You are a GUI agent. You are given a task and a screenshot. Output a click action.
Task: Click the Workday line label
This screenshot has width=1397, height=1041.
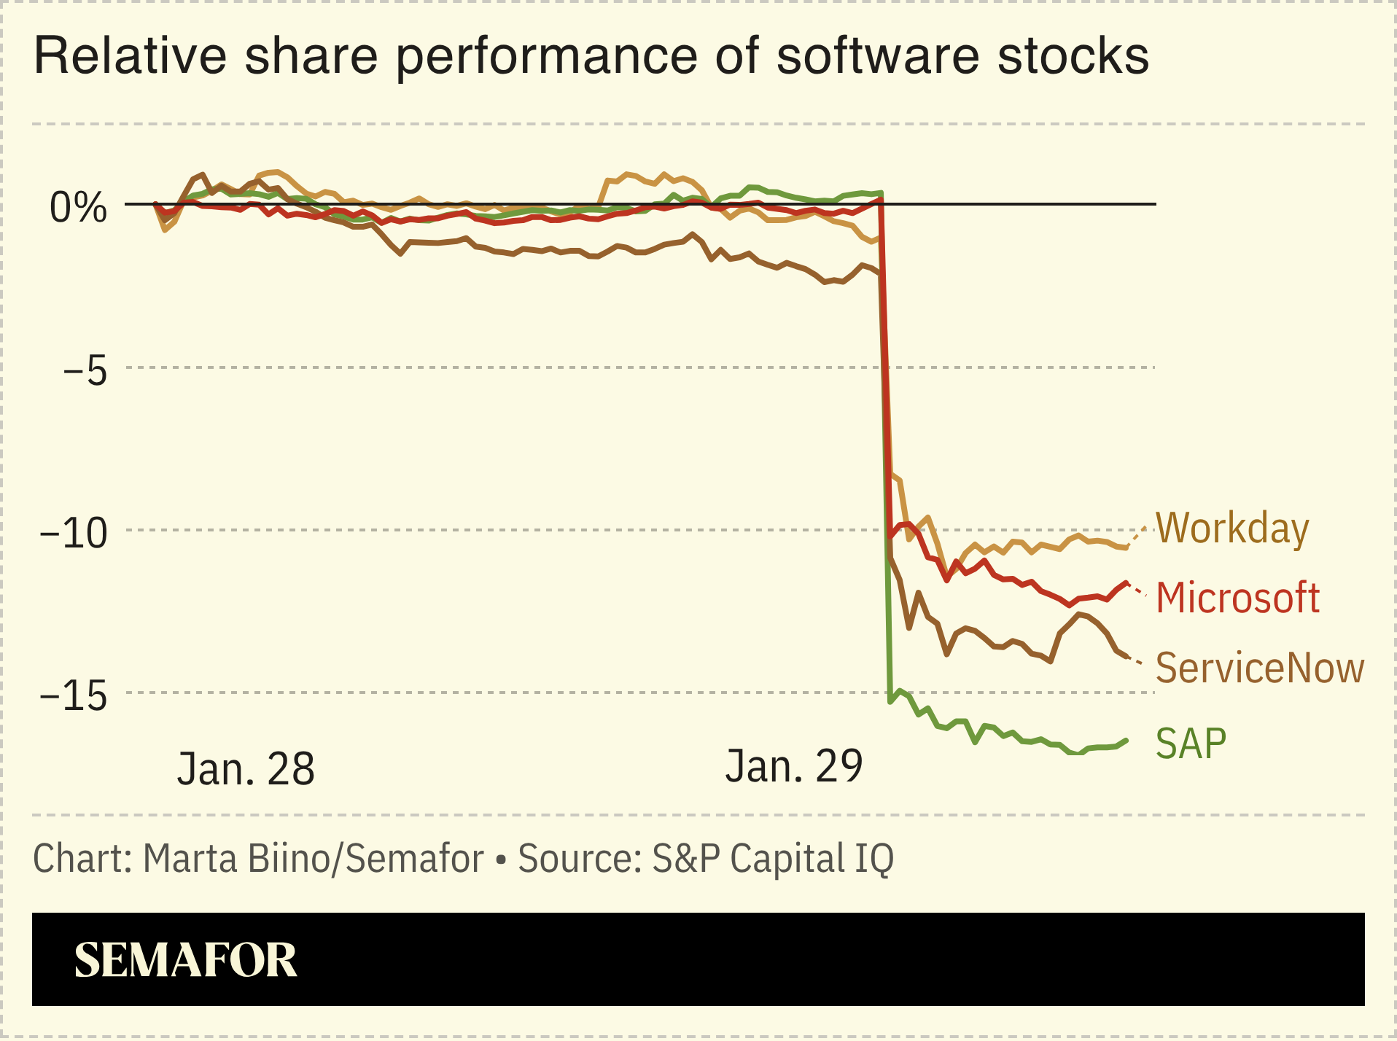(1232, 529)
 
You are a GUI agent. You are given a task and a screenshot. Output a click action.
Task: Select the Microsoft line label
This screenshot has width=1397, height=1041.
(1237, 598)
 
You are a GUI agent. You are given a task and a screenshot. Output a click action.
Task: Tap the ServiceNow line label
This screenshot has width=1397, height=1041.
(1259, 668)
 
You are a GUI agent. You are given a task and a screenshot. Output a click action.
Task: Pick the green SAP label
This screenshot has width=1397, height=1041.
(1191, 744)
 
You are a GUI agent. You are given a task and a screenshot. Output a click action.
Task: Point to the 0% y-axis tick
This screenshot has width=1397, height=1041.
(78, 208)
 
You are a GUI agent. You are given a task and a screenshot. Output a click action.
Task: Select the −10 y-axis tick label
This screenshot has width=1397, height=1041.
(73, 533)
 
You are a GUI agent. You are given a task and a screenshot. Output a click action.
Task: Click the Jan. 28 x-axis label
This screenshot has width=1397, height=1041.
(246, 768)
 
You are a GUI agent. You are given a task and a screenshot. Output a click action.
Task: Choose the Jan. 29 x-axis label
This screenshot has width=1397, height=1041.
(793, 766)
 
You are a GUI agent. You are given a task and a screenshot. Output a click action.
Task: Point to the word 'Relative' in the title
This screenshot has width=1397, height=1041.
(131, 56)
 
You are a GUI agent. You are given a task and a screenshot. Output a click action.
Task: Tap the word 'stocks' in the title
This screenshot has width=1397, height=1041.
(1073, 56)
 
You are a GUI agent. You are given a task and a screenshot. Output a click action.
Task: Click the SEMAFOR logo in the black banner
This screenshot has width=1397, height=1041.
(186, 960)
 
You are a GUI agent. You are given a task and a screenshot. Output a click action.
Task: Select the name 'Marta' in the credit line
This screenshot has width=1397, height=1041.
(190, 858)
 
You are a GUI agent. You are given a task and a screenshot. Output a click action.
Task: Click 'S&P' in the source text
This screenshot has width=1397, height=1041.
(685, 858)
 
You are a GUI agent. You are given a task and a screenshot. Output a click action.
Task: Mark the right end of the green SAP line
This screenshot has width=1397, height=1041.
(1126, 741)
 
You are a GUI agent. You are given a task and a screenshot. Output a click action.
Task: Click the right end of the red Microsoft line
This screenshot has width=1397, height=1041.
(1126, 583)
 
